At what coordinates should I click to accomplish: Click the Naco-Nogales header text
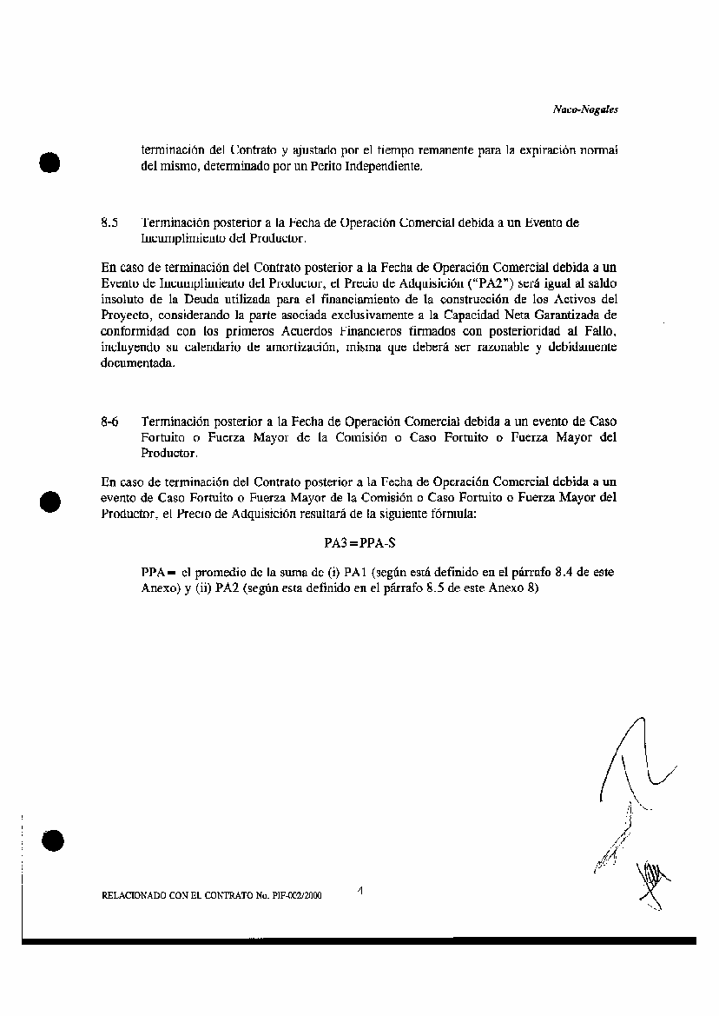584,110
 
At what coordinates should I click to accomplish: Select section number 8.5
109,222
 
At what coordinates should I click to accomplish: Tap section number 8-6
109,422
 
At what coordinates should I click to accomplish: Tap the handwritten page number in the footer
359,889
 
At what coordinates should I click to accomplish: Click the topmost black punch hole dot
49,163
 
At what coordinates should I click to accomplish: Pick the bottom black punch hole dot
51,840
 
